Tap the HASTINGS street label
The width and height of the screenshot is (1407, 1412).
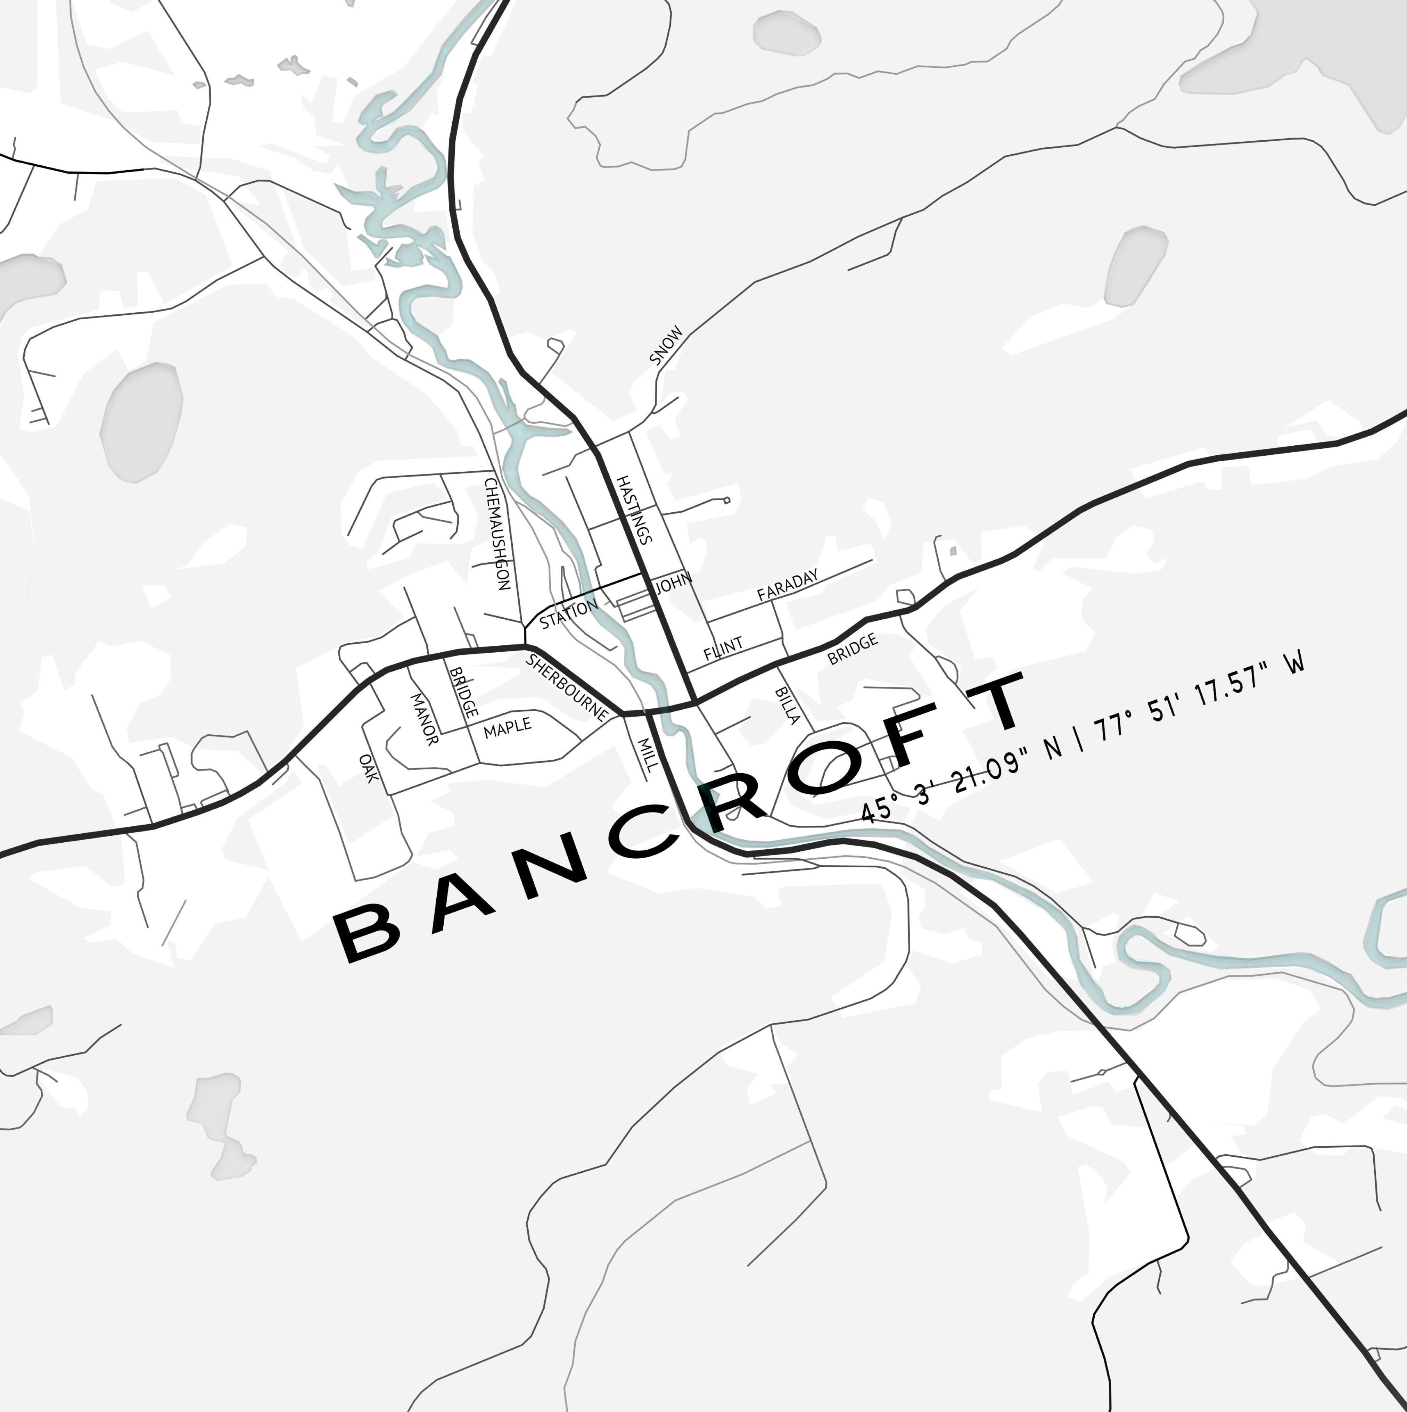633,510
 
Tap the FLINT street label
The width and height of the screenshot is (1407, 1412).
723,648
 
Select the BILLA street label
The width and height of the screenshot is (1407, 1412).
787,704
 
